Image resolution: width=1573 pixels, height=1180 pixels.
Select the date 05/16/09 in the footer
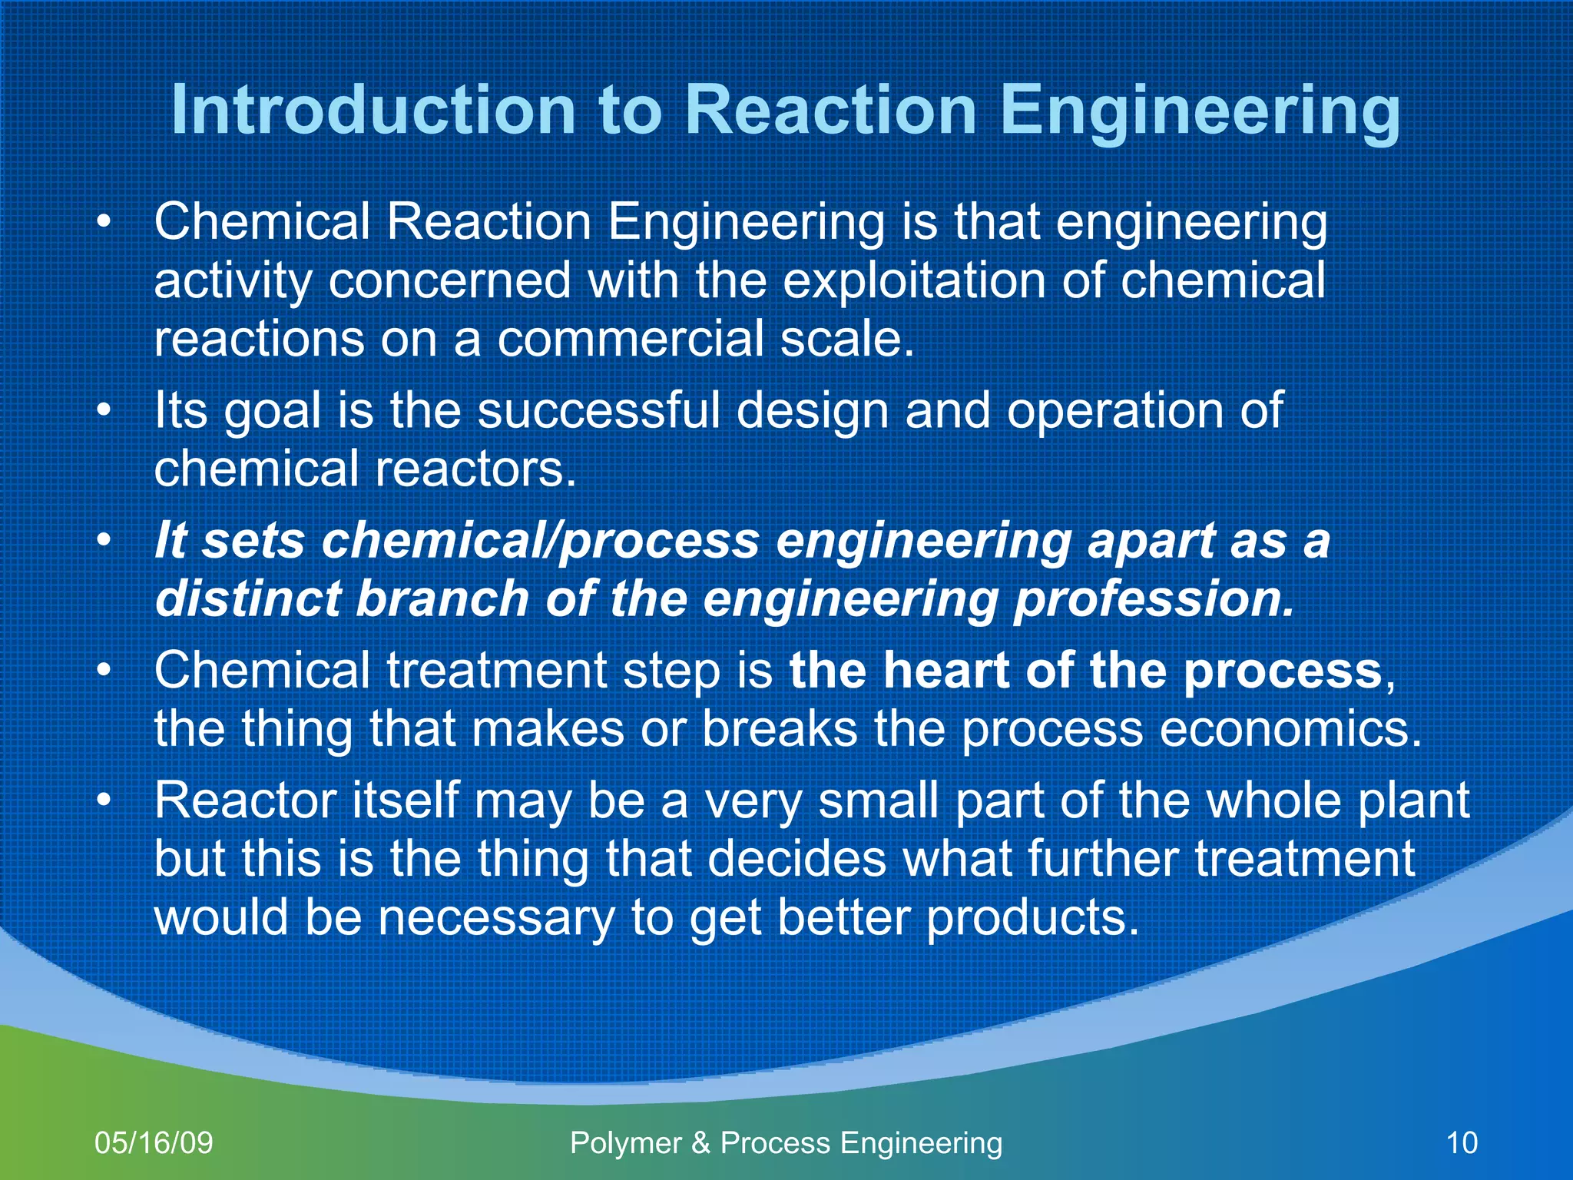pos(154,1142)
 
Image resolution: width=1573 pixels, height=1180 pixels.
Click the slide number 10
pos(1462,1142)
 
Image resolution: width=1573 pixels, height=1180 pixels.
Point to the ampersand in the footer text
pos(700,1142)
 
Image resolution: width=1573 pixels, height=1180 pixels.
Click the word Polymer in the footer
pos(625,1142)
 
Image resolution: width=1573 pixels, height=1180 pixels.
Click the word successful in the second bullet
pos(598,410)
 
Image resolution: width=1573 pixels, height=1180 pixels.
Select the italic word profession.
pos(1153,598)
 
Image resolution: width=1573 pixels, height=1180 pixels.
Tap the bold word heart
pos(945,670)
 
